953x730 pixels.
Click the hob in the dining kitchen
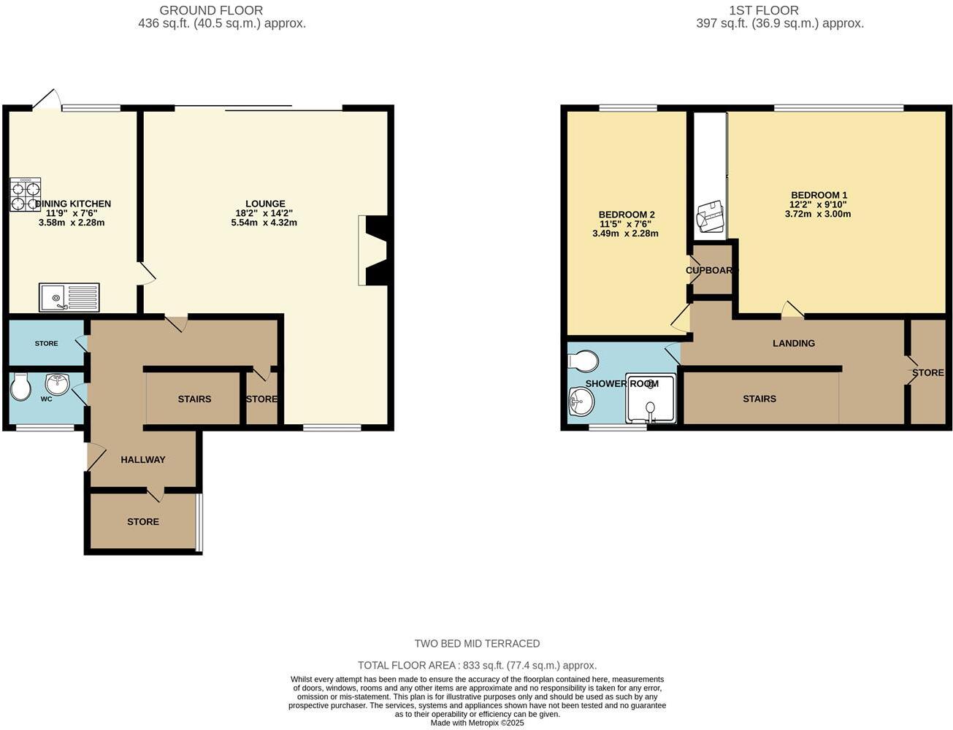point(26,194)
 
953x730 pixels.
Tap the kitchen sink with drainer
point(69,297)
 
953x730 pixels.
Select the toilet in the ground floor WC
point(20,387)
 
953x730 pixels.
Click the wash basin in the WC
point(56,383)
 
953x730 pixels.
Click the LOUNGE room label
point(264,204)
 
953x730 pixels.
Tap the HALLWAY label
point(143,460)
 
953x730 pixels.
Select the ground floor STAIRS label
point(194,399)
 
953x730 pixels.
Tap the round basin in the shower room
point(582,400)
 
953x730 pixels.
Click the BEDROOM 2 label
point(627,215)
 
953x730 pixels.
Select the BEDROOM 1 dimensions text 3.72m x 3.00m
point(818,214)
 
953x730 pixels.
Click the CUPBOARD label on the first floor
point(711,271)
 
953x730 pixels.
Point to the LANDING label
point(794,343)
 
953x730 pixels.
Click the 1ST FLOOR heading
point(763,10)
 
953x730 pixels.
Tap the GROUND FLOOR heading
point(211,10)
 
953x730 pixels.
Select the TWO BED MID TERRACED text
point(477,644)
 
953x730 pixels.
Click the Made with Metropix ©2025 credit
point(477,723)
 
